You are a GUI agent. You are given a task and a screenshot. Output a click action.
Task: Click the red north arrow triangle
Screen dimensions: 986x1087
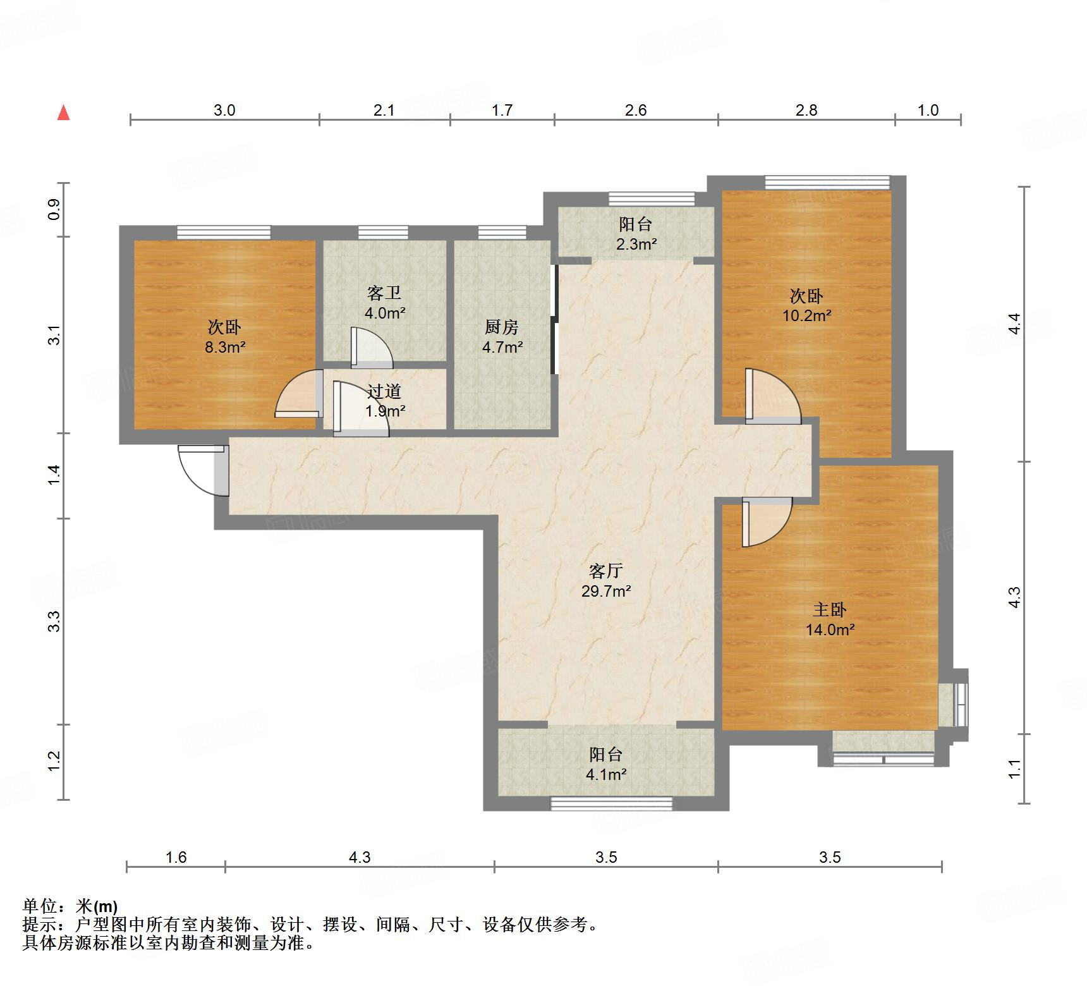63,113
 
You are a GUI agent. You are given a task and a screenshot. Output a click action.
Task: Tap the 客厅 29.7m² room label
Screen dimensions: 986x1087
605,581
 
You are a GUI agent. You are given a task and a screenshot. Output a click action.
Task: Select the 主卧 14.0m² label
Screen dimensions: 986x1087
830,619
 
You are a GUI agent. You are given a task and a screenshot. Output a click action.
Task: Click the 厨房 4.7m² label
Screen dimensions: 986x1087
502,336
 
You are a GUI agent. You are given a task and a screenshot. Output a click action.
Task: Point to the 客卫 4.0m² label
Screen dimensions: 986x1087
384,303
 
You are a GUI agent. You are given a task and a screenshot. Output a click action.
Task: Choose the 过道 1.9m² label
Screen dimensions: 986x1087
384,401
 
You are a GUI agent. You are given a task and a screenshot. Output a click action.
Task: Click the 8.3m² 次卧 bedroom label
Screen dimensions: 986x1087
224,336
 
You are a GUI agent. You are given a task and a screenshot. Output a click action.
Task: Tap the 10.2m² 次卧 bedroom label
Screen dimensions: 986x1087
806,305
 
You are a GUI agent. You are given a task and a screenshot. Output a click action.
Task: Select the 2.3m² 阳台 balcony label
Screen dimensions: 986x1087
636,233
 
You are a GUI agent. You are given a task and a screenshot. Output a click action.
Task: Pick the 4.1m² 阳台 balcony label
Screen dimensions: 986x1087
605,764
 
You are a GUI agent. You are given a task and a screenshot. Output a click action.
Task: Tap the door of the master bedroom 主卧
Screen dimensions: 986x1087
766,521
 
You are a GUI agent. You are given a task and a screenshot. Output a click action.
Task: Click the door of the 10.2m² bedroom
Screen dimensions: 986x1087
772,396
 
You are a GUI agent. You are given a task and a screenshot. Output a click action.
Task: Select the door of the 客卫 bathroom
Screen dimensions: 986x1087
372,348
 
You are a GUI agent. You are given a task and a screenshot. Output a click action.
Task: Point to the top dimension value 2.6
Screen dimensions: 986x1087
636,110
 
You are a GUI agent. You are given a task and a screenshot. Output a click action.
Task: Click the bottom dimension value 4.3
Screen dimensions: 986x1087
359,857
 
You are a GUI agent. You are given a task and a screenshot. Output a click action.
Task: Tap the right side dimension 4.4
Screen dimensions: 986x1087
1014,324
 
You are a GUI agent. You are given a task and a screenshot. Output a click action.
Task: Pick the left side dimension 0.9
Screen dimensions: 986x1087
54,209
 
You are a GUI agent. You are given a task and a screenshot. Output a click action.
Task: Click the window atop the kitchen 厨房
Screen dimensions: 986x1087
502,233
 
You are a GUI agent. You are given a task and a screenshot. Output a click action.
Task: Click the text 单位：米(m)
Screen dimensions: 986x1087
70,906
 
